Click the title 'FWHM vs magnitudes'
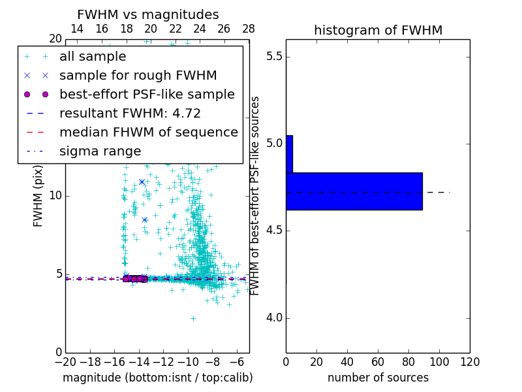pyautogui.click(x=147, y=15)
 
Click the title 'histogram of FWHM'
pyautogui.click(x=378, y=31)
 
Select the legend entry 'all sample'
pyautogui.click(x=93, y=57)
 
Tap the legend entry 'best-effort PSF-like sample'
pyautogui.click(x=147, y=95)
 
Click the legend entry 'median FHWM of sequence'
pyautogui.click(x=148, y=133)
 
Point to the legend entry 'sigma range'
pyautogui.click(x=100, y=152)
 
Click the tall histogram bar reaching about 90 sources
pyautogui.click(x=354, y=191)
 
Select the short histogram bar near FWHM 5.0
pyautogui.click(x=289, y=154)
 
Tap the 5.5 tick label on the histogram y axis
pyautogui.click(x=273, y=56)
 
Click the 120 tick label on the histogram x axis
pyautogui.click(x=470, y=361)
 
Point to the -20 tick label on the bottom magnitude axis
pyautogui.click(x=65, y=361)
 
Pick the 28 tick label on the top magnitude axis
pyautogui.click(x=249, y=29)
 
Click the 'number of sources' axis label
pyautogui.click(x=378, y=378)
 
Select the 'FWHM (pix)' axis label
pyautogui.click(x=38, y=195)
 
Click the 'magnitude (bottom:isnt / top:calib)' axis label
pyautogui.click(x=157, y=378)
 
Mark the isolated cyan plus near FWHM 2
pyautogui.click(x=193, y=318)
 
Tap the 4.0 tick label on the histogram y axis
pyautogui.click(x=273, y=318)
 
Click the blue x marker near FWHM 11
pyautogui.click(x=142, y=182)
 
